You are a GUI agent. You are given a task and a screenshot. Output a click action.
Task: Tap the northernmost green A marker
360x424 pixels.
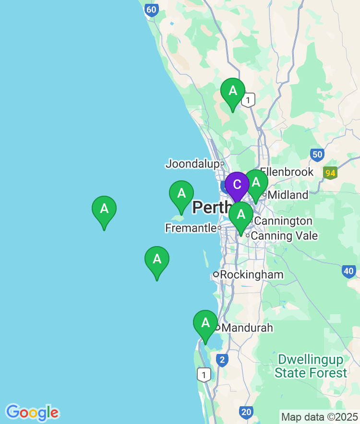[233, 91]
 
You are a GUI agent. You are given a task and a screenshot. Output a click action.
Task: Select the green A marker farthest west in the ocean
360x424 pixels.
[104, 209]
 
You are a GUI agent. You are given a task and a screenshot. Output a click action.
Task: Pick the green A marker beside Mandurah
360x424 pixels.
[205, 323]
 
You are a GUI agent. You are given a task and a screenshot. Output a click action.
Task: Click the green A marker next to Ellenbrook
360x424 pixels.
[256, 183]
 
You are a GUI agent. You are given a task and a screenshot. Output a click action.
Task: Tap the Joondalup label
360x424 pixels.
[192, 164]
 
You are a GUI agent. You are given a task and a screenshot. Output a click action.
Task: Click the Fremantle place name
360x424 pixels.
[191, 228]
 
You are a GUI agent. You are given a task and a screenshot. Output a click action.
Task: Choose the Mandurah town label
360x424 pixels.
[248, 328]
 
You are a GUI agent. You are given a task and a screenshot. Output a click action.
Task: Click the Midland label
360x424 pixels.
[288, 195]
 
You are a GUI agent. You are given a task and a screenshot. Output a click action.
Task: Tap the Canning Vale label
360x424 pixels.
[284, 236]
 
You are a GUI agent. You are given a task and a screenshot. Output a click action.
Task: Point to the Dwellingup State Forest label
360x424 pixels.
[311, 366]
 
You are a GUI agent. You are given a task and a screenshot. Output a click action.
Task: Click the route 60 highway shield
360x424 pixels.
[152, 10]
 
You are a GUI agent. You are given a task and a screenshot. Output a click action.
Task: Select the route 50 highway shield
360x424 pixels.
[317, 154]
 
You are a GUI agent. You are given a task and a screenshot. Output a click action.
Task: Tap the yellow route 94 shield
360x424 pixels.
[330, 173]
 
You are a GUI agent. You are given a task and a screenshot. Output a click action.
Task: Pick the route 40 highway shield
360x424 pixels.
[349, 271]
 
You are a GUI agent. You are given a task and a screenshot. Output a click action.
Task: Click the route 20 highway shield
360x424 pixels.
[246, 412]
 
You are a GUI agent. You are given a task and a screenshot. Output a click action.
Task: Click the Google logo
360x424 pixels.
[32, 412]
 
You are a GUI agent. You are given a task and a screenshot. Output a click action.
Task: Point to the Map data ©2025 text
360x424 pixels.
[319, 416]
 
